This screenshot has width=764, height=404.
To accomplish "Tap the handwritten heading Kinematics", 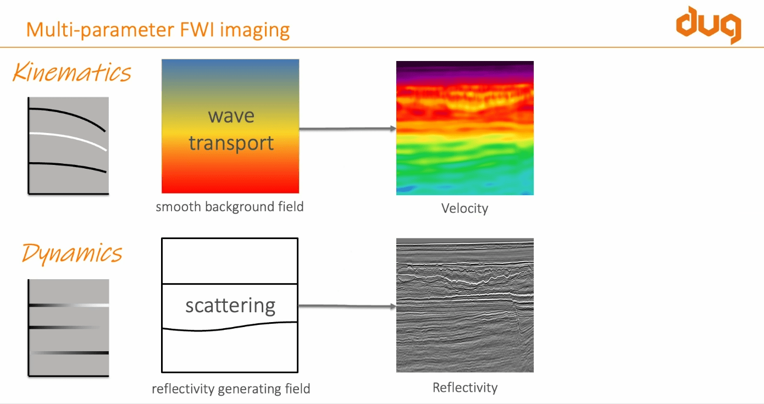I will [x=72, y=73].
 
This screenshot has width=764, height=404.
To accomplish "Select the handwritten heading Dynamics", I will [x=72, y=253].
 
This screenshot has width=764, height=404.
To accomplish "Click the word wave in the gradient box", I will [x=231, y=116].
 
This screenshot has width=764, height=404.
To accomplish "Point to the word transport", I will [x=231, y=143].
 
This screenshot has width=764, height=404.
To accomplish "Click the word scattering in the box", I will [x=230, y=306].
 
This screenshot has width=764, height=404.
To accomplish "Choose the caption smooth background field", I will [x=230, y=207].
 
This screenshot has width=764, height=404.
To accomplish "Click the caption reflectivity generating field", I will [x=231, y=389].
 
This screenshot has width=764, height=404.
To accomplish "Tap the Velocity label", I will [x=464, y=208].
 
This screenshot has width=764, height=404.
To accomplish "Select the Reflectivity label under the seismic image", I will [x=464, y=388].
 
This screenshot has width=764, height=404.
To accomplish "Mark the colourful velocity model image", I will [x=464, y=128].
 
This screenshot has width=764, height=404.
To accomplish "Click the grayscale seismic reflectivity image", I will [x=464, y=305].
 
